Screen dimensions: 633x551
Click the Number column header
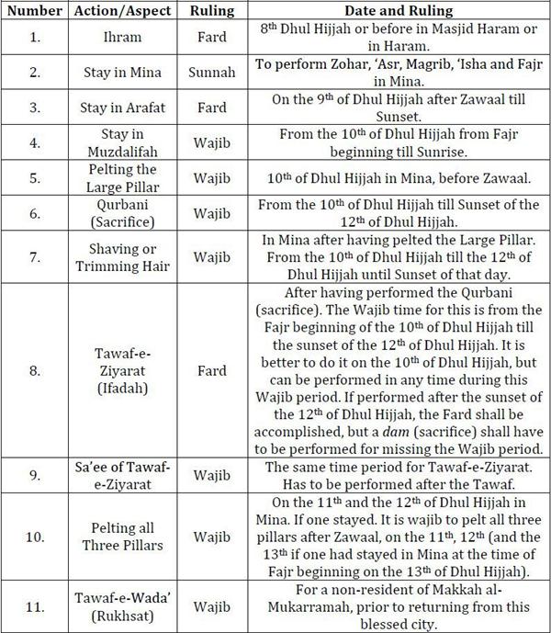click(x=32, y=11)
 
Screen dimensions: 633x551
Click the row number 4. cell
click(x=32, y=142)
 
